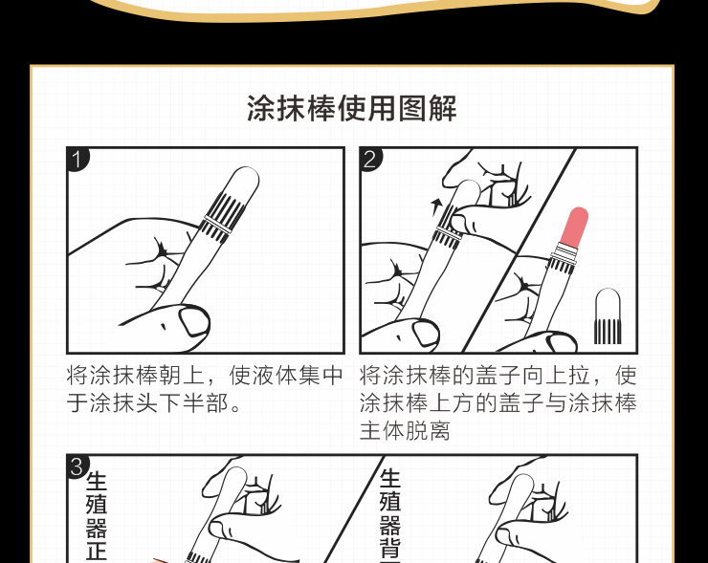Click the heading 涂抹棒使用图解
coord(352,108)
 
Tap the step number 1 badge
coord(77,160)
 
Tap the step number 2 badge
coord(370,160)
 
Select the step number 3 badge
coord(77,466)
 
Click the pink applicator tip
coord(574,227)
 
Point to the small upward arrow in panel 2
coord(435,207)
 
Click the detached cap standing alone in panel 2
coord(608,315)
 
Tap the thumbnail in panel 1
coord(194,320)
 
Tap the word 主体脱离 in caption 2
coord(405,430)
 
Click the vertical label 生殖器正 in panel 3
coord(97,516)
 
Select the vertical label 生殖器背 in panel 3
coord(389,515)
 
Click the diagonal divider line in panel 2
coord(519,250)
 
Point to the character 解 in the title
coord(442,108)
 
